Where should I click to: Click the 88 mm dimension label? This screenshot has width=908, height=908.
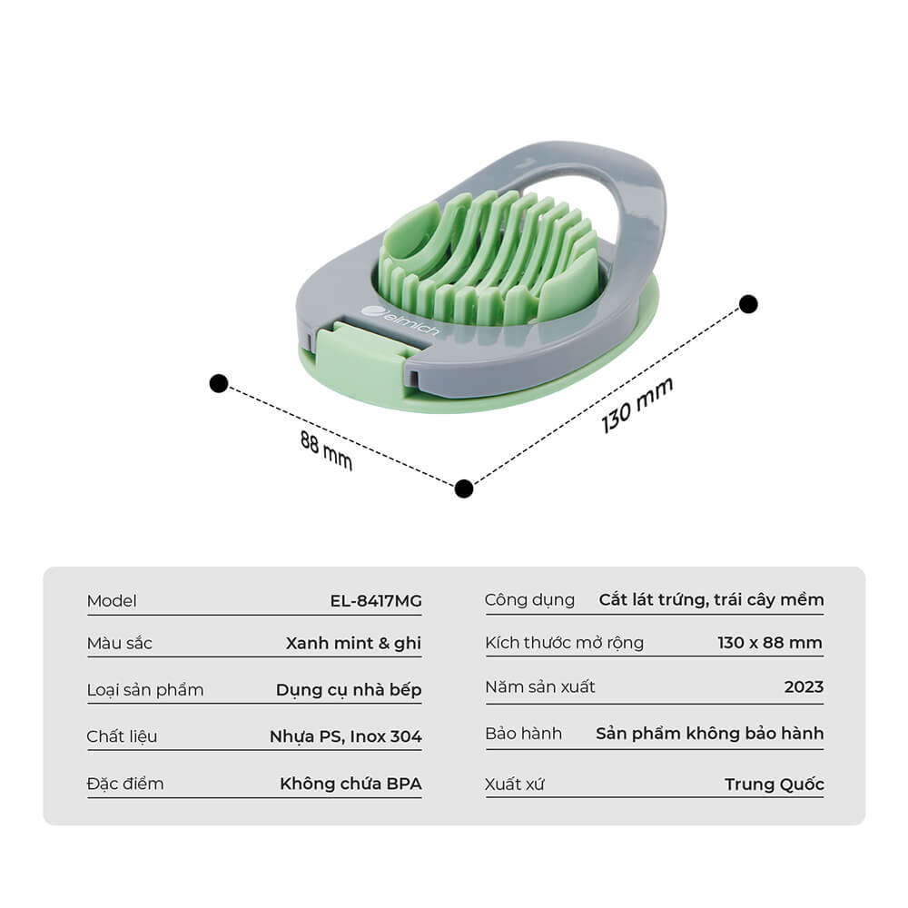click(326, 450)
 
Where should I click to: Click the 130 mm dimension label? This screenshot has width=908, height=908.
click(637, 405)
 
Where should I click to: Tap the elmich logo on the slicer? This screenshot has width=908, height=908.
click(400, 321)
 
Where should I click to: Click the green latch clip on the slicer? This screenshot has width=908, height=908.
click(359, 359)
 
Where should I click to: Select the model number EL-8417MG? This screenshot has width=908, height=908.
click(376, 600)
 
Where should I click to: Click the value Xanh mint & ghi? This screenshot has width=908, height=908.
click(353, 644)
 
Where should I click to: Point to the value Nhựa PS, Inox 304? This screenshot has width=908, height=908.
click(346, 736)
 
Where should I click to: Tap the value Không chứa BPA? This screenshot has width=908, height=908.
click(350, 784)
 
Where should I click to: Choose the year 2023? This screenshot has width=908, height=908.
click(804, 686)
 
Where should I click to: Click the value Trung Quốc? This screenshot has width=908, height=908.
click(775, 785)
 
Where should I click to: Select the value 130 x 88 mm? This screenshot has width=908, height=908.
click(770, 643)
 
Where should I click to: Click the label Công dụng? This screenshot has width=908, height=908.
click(530, 600)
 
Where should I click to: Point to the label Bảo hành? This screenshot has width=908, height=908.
click(524, 734)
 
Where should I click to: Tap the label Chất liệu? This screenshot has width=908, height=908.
click(122, 736)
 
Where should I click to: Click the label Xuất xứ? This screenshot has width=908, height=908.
click(515, 785)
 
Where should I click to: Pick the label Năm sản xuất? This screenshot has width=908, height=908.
click(540, 686)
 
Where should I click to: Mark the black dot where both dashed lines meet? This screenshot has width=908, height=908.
click(464, 489)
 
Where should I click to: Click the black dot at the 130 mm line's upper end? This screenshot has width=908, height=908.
click(749, 304)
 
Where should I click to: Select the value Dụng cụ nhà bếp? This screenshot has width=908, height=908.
click(349, 690)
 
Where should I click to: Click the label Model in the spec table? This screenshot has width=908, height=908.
click(112, 601)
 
